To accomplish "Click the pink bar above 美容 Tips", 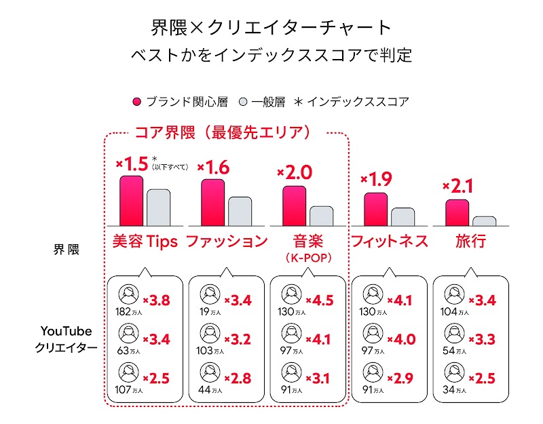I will point(131,200).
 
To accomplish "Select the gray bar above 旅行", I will point(484,221).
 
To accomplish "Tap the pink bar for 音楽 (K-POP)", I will point(294,206).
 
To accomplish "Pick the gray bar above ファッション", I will point(240,211).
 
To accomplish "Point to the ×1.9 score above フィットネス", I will point(377,180).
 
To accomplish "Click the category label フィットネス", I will point(389,242).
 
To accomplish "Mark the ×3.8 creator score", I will point(157,300).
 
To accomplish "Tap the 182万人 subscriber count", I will point(130,313).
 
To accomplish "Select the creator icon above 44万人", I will point(210,372).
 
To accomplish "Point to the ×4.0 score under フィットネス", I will point(401,339).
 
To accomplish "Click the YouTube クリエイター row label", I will point(66,339).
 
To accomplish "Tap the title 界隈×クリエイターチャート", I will point(271,27).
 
